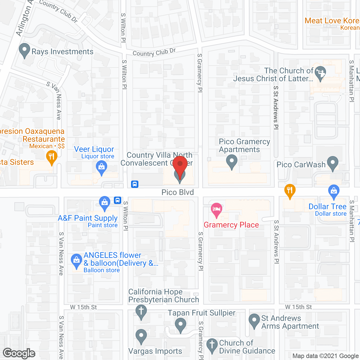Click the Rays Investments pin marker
24,50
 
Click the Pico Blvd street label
178,192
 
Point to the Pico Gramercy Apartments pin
232,162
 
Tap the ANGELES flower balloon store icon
76,261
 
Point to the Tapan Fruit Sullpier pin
181,325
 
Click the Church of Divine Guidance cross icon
212,345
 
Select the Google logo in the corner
19,353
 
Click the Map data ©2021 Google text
325,356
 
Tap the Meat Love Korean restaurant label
332,21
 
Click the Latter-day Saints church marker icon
320,73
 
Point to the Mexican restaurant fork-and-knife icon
51,156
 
